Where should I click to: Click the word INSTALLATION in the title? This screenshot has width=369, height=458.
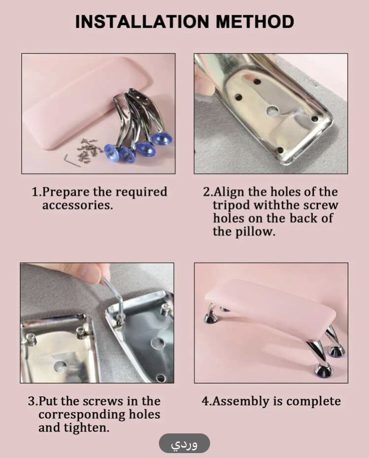(x=142, y=22)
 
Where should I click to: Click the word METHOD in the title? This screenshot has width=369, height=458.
(x=255, y=22)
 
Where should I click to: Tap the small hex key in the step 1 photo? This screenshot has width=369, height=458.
(x=72, y=160)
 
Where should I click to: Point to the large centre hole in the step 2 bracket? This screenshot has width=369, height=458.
(x=273, y=110)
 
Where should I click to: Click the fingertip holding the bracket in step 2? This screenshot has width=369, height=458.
(x=205, y=82)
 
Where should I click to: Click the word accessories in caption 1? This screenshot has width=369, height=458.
(x=77, y=205)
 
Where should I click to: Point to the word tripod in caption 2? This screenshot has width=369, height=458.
(x=231, y=205)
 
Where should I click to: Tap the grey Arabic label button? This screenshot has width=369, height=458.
(x=184, y=444)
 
